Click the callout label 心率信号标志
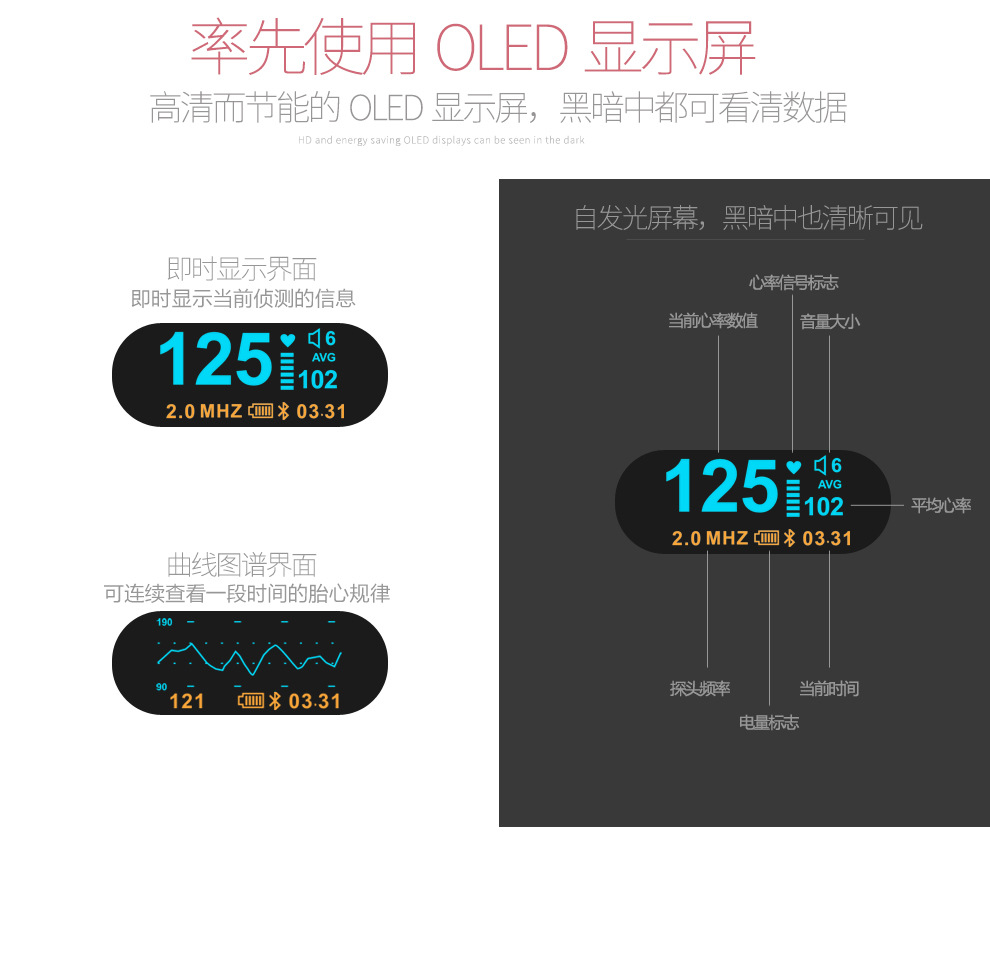pos(793,283)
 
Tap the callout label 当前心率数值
pos(713,321)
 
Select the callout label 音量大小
pos(829,321)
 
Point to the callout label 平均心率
pos(940,506)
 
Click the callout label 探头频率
pos(700,689)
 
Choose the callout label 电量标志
pos(768,722)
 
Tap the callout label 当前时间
pos(829,689)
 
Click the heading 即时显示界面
pos(242,269)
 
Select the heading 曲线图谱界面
pos(242,565)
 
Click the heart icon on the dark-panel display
pos(793,467)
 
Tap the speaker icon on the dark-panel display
pos(820,465)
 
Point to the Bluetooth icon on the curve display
pos(275,701)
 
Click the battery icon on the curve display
pos(250,701)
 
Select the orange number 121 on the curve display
pos(187,701)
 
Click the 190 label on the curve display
pos(164,622)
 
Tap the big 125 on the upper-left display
pos(215,360)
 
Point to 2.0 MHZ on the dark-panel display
pos(709,539)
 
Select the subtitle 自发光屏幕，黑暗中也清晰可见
pos(747,218)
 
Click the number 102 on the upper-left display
pos(318,380)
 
